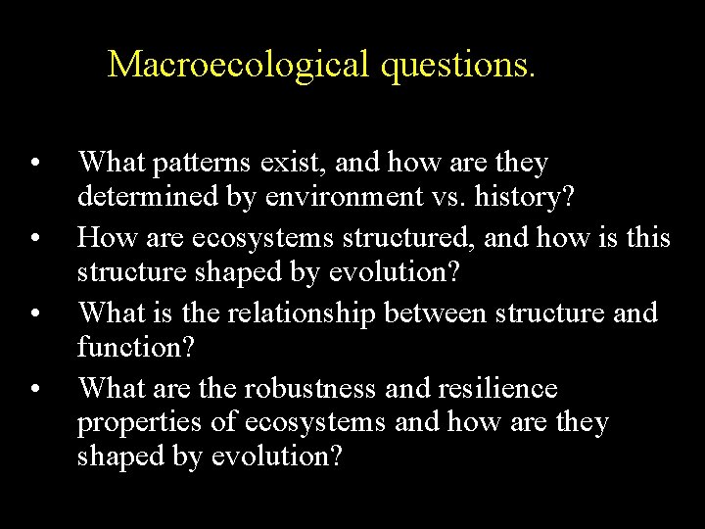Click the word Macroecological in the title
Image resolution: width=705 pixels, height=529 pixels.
(234, 65)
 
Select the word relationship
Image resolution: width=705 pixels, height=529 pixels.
(315, 313)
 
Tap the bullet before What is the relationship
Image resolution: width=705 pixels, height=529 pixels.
(34, 315)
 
